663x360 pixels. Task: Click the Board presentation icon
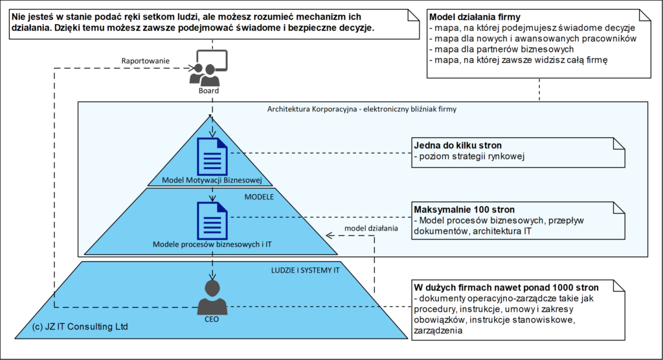pyautogui.click(x=208, y=67)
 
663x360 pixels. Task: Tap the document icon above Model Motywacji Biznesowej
pyautogui.click(x=212, y=156)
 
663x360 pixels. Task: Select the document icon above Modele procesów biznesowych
pyautogui.click(x=212, y=219)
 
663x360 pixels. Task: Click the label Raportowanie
pyautogui.click(x=146, y=61)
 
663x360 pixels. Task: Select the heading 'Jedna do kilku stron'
pyautogui.click(x=458, y=146)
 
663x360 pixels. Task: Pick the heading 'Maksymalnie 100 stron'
pyautogui.click(x=464, y=210)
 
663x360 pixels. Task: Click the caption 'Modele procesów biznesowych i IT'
pyautogui.click(x=212, y=244)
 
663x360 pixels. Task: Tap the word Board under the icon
pyautogui.click(x=208, y=91)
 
